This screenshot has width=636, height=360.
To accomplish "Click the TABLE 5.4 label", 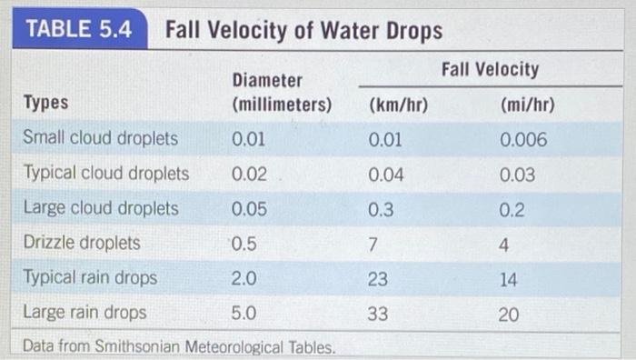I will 78,30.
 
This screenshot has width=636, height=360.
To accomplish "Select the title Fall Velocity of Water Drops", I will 303,31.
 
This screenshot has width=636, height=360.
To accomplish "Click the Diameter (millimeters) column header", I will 281,94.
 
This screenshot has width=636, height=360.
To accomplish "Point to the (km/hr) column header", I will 399,105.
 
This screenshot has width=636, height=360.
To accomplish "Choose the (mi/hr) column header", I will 527,105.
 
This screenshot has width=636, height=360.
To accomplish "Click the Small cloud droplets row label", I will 100,140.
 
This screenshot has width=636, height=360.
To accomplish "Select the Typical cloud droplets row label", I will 105,174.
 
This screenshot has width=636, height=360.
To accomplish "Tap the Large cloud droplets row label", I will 100,208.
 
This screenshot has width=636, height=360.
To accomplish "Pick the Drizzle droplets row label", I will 82,243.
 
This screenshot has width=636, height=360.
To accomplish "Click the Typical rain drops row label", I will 90,277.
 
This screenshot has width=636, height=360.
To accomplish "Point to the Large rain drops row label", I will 84,313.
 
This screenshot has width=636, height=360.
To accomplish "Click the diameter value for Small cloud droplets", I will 249,140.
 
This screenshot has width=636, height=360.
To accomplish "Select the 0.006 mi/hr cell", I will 523,140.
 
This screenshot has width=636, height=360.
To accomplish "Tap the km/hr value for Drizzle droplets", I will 373,244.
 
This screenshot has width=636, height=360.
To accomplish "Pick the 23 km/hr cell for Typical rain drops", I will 378,278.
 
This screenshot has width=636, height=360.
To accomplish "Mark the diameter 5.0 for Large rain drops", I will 244,314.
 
